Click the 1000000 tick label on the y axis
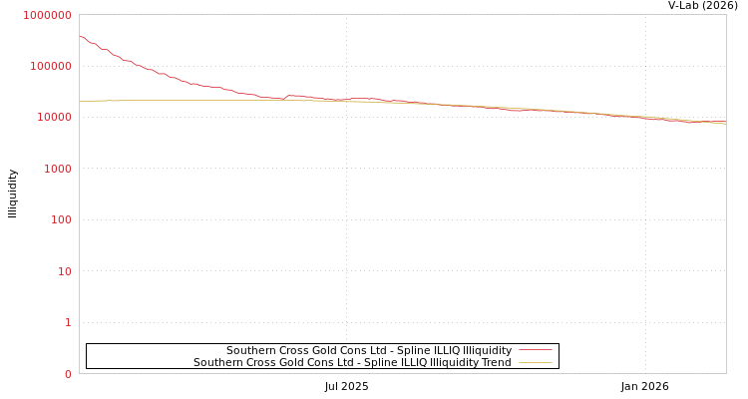click(x=48, y=15)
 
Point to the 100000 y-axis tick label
click(x=51, y=66)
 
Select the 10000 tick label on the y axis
click(x=54, y=118)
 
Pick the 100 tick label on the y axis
click(x=61, y=219)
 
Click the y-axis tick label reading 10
click(x=64, y=271)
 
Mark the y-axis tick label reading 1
click(x=68, y=322)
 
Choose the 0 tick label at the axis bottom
click(x=68, y=374)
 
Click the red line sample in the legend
click(x=536, y=351)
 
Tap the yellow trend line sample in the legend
click(x=536, y=363)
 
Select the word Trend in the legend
click(x=495, y=363)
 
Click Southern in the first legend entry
click(x=250, y=351)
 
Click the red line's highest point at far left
click(x=80, y=36)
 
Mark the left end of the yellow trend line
click(x=80, y=102)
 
